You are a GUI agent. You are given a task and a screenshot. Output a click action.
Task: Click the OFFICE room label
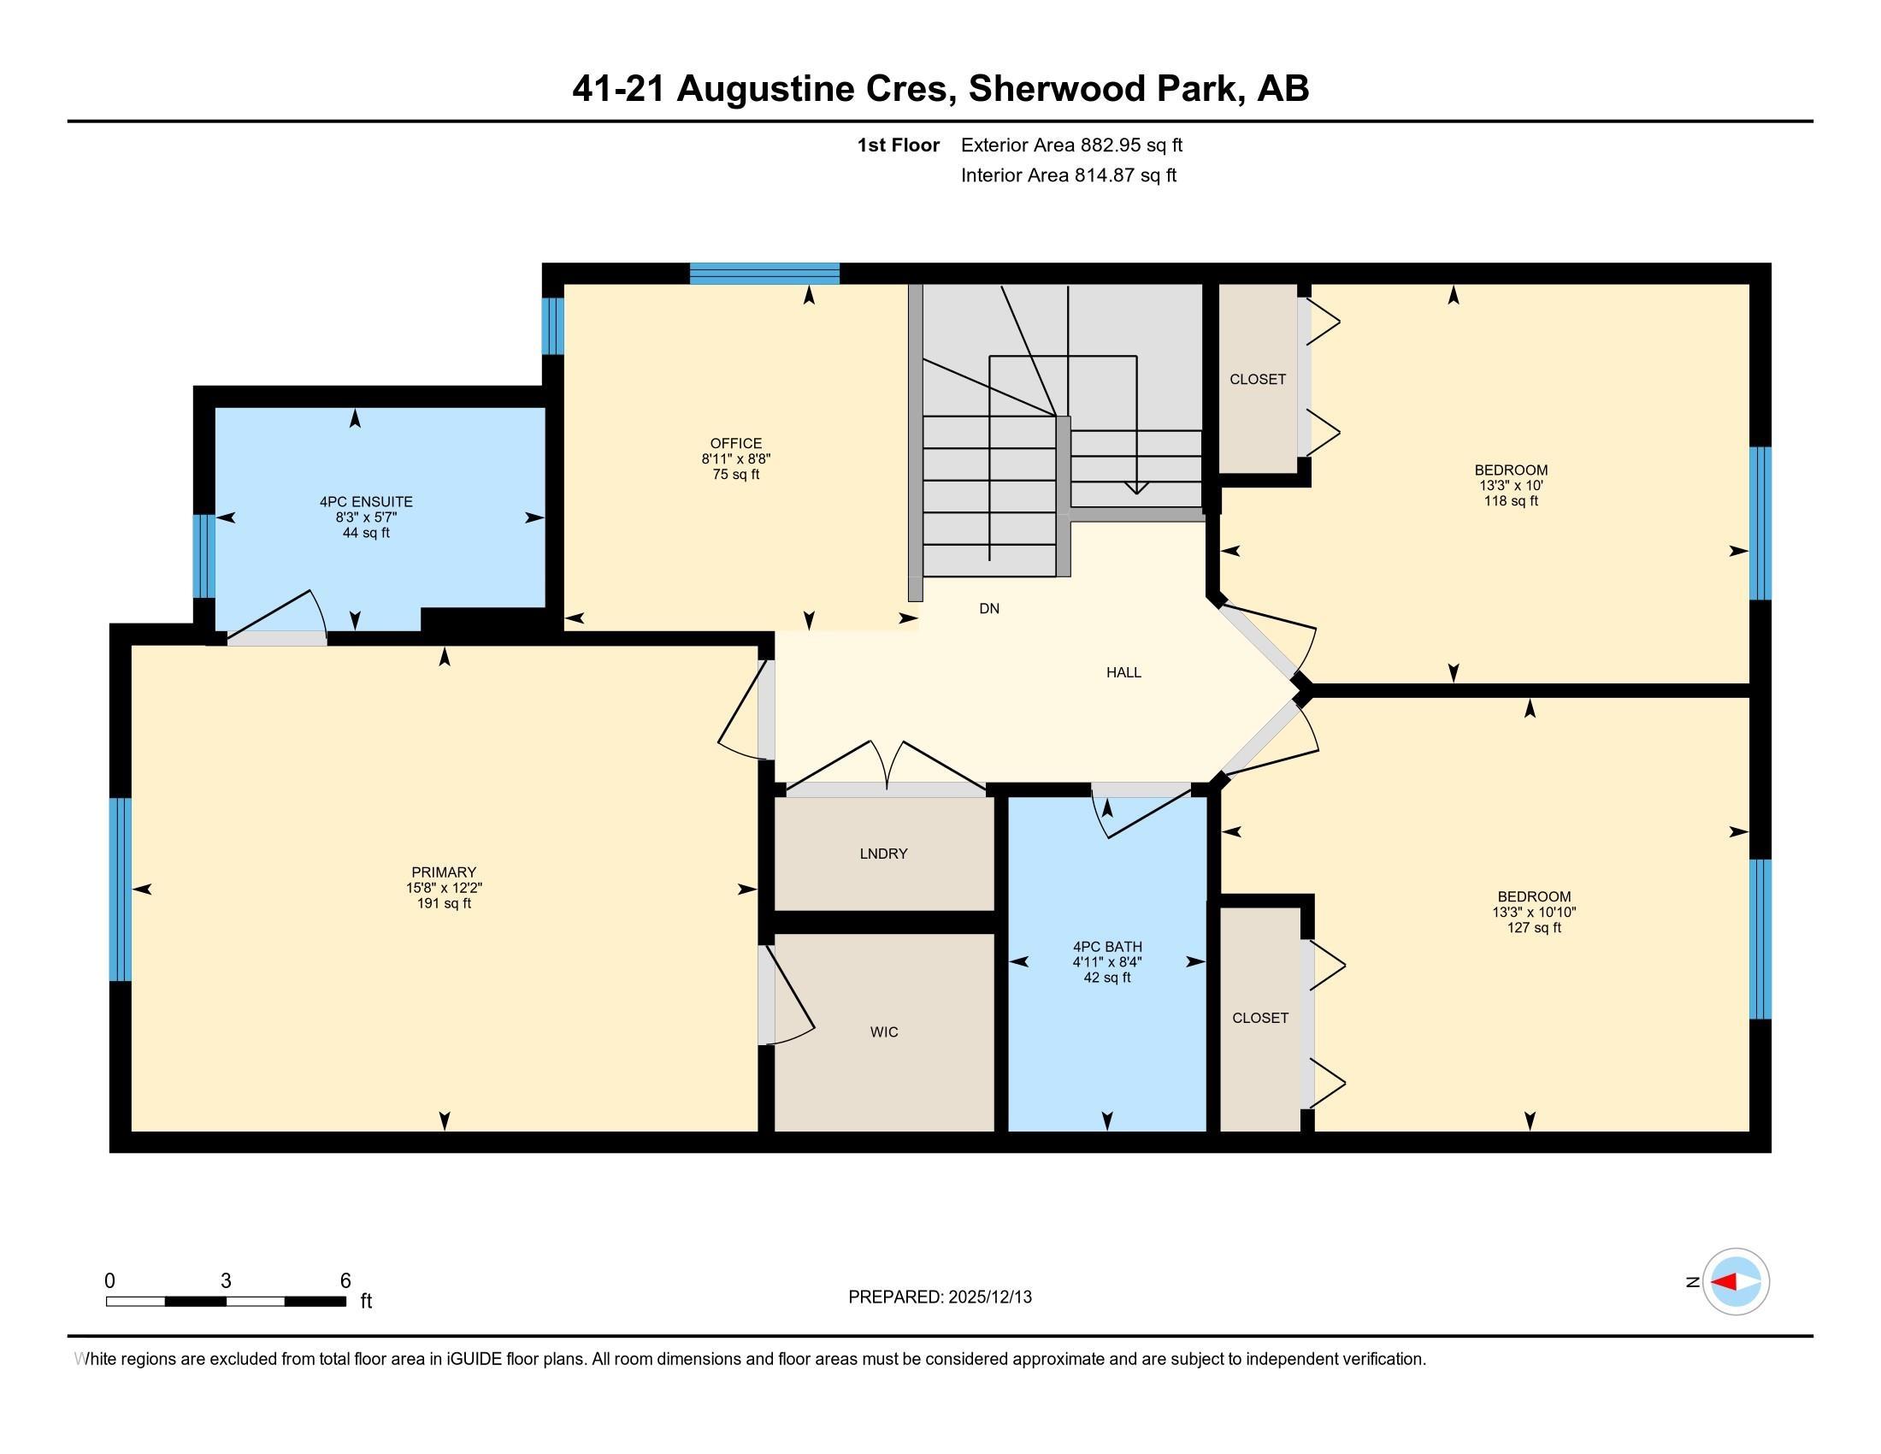(735, 444)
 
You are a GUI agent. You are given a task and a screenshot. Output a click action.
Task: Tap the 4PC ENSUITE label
(366, 501)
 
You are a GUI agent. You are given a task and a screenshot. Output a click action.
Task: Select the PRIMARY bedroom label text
(444, 872)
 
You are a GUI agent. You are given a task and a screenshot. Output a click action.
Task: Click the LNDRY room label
(884, 854)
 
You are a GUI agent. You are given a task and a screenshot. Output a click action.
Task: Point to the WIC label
(884, 1032)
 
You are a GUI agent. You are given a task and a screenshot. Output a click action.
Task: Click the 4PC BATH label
(1106, 947)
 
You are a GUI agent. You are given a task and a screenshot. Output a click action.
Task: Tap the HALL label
(1123, 673)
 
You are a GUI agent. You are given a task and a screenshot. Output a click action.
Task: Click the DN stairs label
(988, 609)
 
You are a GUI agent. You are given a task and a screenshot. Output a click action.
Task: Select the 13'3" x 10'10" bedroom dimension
(1534, 913)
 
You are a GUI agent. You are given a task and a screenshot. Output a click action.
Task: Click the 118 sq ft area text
(1511, 501)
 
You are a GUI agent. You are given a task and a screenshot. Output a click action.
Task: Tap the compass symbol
(1736, 1282)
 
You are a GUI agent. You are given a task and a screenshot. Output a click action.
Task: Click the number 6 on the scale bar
(345, 1281)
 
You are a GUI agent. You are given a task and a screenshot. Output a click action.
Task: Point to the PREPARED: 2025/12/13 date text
(940, 1297)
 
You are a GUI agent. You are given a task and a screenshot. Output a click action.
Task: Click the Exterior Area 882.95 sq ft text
(1071, 145)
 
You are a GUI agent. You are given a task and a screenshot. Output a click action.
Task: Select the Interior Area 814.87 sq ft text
(1068, 175)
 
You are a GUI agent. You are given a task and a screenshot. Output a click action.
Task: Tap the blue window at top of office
(764, 274)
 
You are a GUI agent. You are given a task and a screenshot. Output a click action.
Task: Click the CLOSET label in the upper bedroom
(1258, 379)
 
